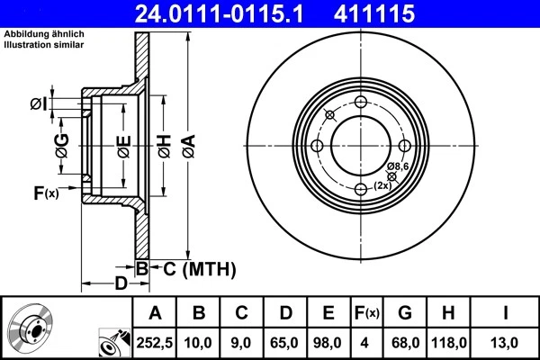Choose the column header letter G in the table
pos(405,313)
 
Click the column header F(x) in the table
pos(366,313)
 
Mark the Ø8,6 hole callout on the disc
pos(399,167)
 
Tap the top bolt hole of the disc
pos(360,103)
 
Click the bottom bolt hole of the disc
pos(360,188)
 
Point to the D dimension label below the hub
pos(121,285)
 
